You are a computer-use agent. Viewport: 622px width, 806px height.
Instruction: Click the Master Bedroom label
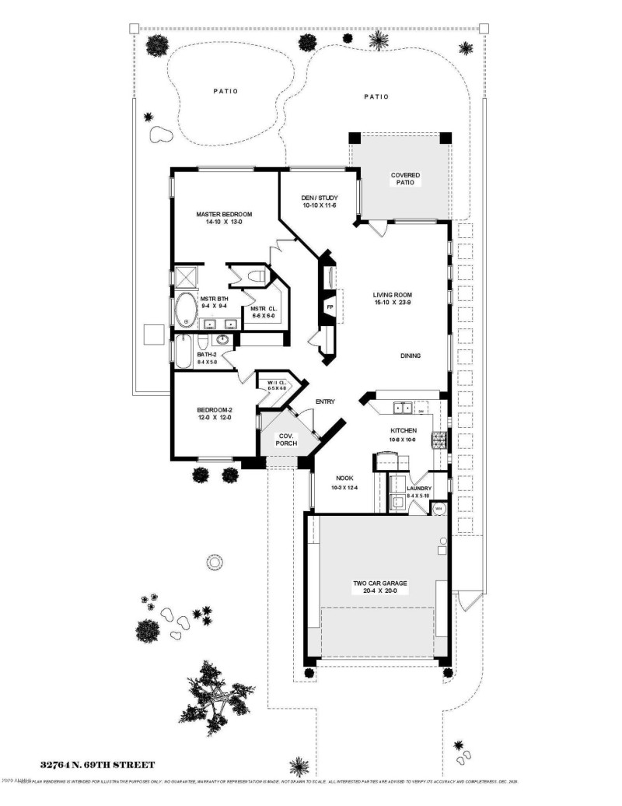[224, 215]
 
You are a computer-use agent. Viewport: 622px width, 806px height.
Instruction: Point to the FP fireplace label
[330, 307]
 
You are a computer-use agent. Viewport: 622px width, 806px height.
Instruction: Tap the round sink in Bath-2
[223, 340]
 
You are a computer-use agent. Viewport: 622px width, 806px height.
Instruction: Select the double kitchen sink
[403, 406]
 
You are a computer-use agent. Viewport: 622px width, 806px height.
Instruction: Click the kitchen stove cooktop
[439, 441]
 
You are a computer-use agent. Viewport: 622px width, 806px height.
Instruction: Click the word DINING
[411, 356]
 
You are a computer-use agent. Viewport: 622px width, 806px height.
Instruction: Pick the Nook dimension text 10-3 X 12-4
[344, 487]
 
